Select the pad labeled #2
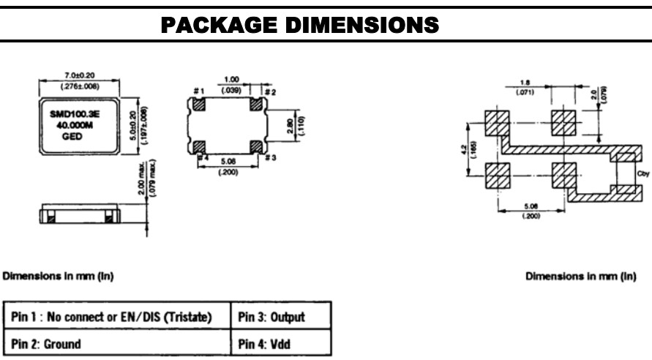pyautogui.click(x=255, y=105)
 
